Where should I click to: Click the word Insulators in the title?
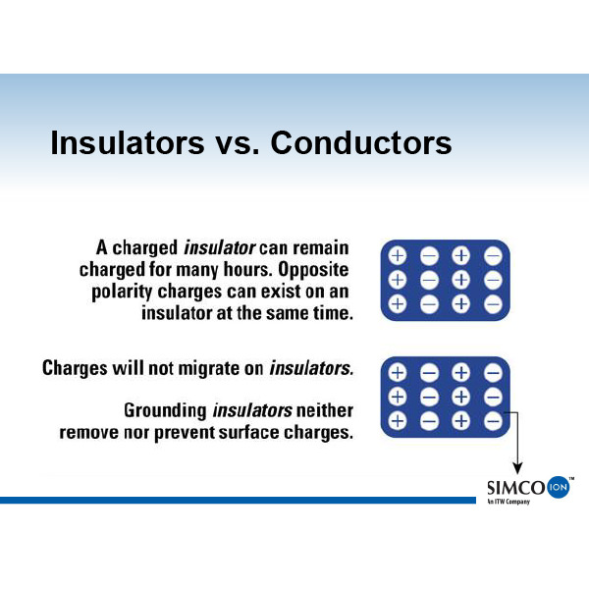tap(128, 142)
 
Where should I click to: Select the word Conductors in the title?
tap(361, 142)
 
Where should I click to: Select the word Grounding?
tap(165, 411)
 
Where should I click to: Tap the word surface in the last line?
tap(248, 433)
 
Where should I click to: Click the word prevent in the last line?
tap(184, 433)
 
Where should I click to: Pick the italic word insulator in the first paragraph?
tap(220, 248)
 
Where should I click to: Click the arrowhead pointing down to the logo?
tap(517, 468)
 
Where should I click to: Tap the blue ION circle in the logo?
tap(559, 487)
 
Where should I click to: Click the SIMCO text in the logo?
tap(516, 488)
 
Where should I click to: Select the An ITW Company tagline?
tap(509, 502)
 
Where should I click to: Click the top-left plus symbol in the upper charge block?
tap(398, 256)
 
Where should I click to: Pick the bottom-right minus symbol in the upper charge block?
tap(493, 304)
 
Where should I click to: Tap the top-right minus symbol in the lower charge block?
tap(493, 373)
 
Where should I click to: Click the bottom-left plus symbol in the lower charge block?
tap(398, 421)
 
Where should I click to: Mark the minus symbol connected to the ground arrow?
tap(493, 421)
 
